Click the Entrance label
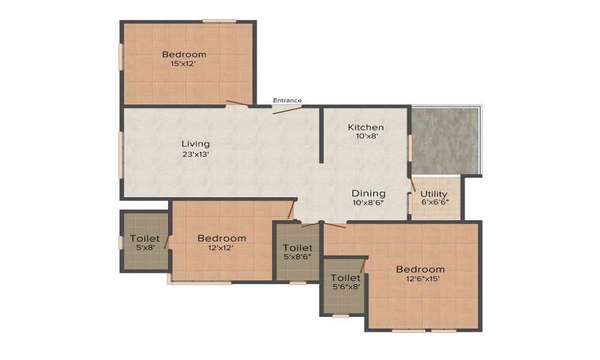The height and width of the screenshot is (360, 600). click(287, 100)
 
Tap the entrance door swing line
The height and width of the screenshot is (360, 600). click(287, 110)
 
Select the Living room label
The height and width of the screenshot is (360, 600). click(196, 144)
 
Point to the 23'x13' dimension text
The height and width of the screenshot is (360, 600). click(196, 155)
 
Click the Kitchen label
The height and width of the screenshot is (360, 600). click(365, 127)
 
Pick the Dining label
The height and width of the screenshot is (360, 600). click(368, 193)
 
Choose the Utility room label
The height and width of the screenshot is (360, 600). click(434, 194)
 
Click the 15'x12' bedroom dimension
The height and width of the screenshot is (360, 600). click(184, 64)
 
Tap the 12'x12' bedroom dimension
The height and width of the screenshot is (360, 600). click(221, 248)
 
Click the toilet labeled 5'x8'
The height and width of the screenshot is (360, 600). click(145, 238)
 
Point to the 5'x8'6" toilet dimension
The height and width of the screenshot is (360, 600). click(298, 257)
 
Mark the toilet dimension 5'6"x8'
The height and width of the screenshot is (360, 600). click(345, 287)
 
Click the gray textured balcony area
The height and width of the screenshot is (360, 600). click(445, 141)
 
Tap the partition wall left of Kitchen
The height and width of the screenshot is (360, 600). click(322, 136)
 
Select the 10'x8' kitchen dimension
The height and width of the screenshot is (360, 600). click(365, 136)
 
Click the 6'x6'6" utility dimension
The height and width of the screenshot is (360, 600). click(434, 202)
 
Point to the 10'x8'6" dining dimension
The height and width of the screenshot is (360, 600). click(368, 202)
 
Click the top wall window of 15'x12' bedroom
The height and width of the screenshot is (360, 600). click(219, 21)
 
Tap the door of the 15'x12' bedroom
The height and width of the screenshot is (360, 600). click(238, 103)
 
